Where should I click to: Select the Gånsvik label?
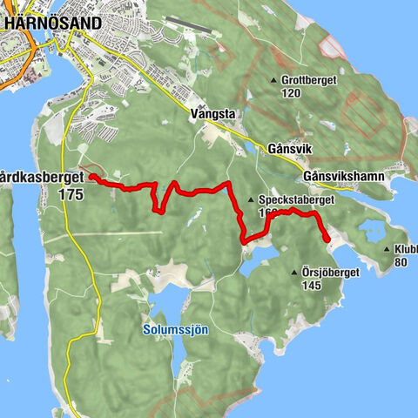pyautogui.click(x=266, y=149)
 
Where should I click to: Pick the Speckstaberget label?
pyautogui.click(x=287, y=199)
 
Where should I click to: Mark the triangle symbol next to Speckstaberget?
pyautogui.click(x=251, y=199)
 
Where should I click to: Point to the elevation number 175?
pyautogui.click(x=72, y=196)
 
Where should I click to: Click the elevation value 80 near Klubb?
pyautogui.click(x=401, y=261)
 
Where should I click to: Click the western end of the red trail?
pyautogui.click(x=91, y=178)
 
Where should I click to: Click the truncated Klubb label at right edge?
pyautogui.click(x=405, y=249)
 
